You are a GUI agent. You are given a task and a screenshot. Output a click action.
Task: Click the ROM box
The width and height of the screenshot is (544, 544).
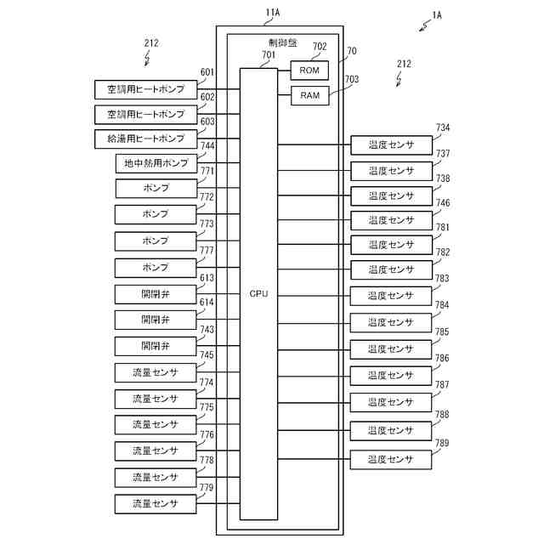coord(309,71)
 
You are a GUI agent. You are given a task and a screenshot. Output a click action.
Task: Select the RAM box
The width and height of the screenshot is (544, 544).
coord(309,95)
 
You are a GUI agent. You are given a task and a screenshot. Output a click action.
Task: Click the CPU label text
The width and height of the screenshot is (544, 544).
coord(258,294)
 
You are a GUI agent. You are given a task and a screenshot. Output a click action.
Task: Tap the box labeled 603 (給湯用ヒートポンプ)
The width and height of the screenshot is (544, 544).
coord(145,139)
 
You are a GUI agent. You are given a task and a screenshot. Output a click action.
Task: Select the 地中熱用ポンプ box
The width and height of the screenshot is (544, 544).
coord(156,163)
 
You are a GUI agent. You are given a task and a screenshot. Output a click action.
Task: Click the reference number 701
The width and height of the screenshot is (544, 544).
coord(269,54)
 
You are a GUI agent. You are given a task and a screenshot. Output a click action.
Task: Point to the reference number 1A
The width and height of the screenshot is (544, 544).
coord(437,15)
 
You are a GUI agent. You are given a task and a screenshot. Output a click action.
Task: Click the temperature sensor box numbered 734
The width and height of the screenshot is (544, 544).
coord(391,145)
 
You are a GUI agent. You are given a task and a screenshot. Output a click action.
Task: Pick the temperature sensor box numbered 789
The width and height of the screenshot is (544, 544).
coord(391,460)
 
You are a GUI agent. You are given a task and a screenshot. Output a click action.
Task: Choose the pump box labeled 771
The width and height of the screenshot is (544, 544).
coord(156,189)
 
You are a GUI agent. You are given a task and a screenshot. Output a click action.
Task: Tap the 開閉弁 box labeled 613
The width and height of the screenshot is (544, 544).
coord(156,295)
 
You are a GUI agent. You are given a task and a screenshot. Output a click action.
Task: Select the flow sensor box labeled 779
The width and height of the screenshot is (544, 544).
coord(156,504)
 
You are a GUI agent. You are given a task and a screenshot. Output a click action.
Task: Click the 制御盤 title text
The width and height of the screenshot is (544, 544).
coord(283,42)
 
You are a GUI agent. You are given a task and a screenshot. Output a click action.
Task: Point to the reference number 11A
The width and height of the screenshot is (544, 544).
coord(273,13)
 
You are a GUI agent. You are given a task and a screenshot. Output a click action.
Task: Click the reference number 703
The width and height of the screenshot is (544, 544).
coord(351,79)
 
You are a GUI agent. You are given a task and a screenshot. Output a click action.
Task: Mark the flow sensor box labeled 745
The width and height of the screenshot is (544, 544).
coord(156,372)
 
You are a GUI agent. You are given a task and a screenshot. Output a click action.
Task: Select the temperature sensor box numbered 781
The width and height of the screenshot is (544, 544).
coord(391,245)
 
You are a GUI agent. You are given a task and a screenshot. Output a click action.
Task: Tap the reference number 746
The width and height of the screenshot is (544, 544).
coord(443,202)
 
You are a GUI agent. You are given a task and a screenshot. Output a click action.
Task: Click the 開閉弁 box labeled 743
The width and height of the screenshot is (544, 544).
coord(156,346)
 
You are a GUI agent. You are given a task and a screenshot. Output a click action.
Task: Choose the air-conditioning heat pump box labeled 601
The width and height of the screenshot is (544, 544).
coord(145,89)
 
